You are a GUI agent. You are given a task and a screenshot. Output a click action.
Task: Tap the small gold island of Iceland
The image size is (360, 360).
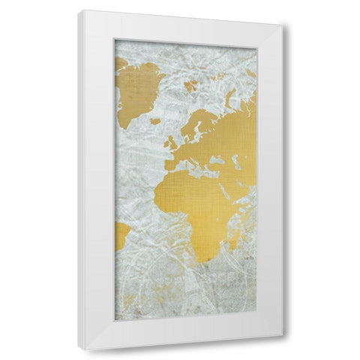click(155, 121)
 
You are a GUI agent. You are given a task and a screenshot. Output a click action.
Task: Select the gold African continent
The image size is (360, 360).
click(199, 202)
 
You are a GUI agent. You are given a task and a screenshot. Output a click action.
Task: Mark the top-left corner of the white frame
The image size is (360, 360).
click(79, 11)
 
